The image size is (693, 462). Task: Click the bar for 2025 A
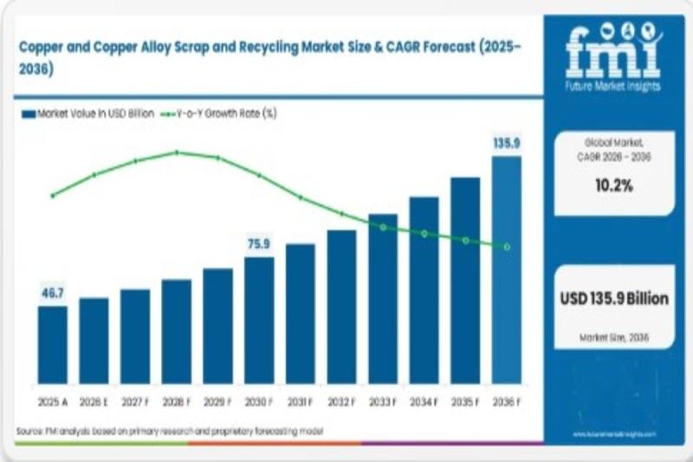click(52, 344)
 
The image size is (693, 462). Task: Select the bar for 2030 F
click(259, 320)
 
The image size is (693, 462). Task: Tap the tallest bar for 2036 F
click(507, 270)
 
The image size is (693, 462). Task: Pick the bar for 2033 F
click(383, 298)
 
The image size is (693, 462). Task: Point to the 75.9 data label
click(259, 244)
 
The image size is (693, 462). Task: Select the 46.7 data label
click(52, 293)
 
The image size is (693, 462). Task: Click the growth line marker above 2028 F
click(177, 153)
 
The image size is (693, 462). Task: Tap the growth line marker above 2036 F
click(507, 247)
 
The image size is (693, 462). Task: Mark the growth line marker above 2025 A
click(52, 196)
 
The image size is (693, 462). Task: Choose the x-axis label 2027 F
click(135, 401)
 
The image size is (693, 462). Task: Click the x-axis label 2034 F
click(424, 401)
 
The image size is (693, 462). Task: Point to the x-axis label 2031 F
click(301, 401)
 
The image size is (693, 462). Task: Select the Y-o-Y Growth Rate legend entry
click(221, 113)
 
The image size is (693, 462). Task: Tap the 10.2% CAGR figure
click(615, 185)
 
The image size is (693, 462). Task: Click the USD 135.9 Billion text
click(615, 299)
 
